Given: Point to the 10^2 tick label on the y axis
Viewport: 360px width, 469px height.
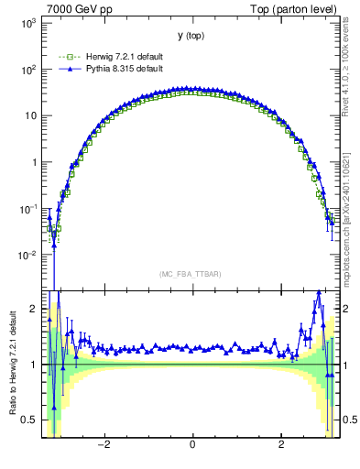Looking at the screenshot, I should (28, 70).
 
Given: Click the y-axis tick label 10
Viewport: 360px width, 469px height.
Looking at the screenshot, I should (31, 116).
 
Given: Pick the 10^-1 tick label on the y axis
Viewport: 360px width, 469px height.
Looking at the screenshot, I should (27, 209).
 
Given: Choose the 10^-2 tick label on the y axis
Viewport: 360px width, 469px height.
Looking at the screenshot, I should (27, 256).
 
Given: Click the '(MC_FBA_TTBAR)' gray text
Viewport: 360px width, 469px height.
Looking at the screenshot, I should (191, 274).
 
